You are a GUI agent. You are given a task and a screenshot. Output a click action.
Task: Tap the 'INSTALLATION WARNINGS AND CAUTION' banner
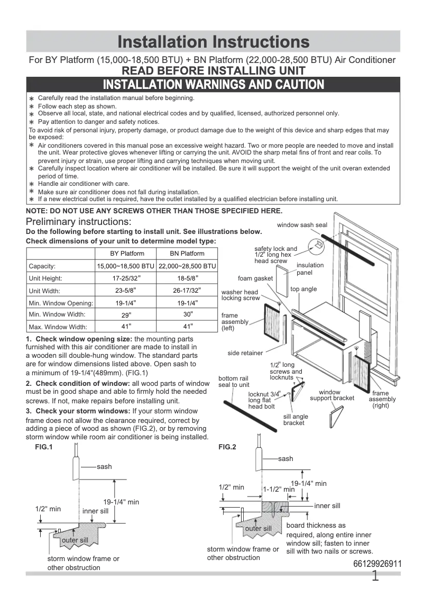coord(213,85)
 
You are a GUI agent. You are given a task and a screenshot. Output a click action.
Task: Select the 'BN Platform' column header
coord(187,254)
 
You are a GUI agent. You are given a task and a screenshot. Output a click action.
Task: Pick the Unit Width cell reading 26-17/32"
coord(187,290)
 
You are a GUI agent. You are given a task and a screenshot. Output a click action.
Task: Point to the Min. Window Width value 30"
coord(187,314)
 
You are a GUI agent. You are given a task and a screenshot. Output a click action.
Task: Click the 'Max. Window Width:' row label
coord(58,327)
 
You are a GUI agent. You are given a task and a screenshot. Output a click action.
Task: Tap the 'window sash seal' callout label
coord(302,225)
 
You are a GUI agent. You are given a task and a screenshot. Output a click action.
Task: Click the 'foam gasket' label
coord(255,278)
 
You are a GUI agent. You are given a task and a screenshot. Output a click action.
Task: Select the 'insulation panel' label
coord(310,269)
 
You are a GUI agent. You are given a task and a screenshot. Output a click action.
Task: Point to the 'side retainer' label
coord(245,353)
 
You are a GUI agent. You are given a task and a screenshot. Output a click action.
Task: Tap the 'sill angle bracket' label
coord(296,420)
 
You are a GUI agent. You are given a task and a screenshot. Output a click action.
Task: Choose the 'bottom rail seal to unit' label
coord(234,382)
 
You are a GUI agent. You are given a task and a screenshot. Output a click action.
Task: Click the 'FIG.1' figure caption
coord(36,447)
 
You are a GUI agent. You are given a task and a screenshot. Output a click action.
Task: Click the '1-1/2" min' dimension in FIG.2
coord(279,490)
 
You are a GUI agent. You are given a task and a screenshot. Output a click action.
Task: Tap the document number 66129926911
coord(377,564)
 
